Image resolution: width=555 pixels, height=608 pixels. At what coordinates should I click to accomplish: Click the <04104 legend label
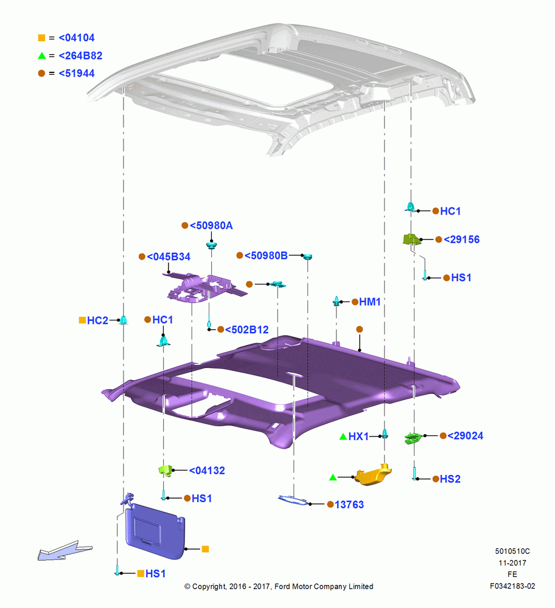click(77, 38)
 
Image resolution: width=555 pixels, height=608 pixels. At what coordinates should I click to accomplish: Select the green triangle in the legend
click(42, 56)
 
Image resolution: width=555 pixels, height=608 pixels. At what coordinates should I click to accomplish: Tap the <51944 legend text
click(77, 74)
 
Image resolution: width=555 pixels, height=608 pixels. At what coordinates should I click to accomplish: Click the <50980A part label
click(211, 226)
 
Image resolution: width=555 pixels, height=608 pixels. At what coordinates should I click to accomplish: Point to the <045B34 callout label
click(169, 257)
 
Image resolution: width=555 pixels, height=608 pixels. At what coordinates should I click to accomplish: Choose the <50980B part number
click(266, 255)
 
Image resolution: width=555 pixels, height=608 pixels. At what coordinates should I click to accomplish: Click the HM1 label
click(370, 302)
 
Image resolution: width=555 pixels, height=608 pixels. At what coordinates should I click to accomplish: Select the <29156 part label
click(461, 239)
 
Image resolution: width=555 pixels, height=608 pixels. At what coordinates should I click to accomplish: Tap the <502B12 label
click(247, 330)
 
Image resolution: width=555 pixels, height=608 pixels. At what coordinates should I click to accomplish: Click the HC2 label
click(97, 320)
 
